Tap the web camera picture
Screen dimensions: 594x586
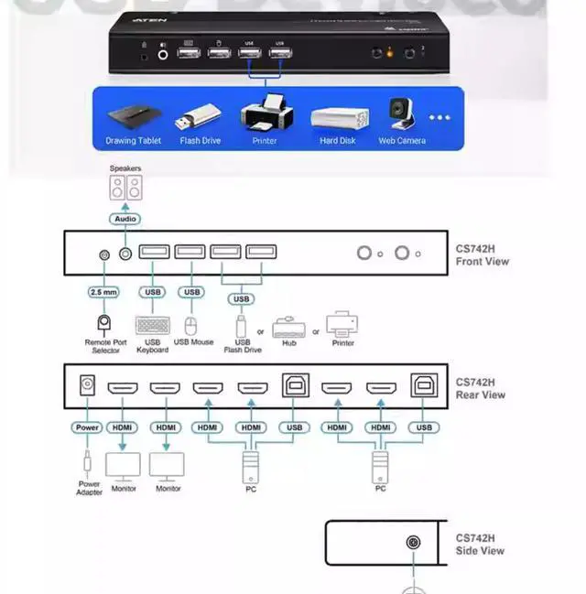click(x=401, y=114)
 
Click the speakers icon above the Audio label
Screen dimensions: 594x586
click(x=126, y=189)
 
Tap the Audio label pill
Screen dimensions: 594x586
click(x=125, y=220)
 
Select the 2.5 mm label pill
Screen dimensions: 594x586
click(x=103, y=292)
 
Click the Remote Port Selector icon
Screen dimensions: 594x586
click(x=103, y=323)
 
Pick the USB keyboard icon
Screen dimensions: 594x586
click(x=152, y=325)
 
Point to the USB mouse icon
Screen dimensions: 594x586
click(x=191, y=326)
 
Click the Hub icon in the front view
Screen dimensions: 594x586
click(x=288, y=327)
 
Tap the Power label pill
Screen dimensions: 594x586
click(x=89, y=427)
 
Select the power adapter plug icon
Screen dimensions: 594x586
click(x=88, y=459)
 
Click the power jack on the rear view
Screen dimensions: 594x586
click(x=88, y=385)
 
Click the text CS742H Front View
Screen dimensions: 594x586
click(x=482, y=254)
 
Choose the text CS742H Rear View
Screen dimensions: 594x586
click(x=481, y=388)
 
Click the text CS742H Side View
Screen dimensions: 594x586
click(x=480, y=545)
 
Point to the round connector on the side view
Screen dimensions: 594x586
click(x=414, y=543)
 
